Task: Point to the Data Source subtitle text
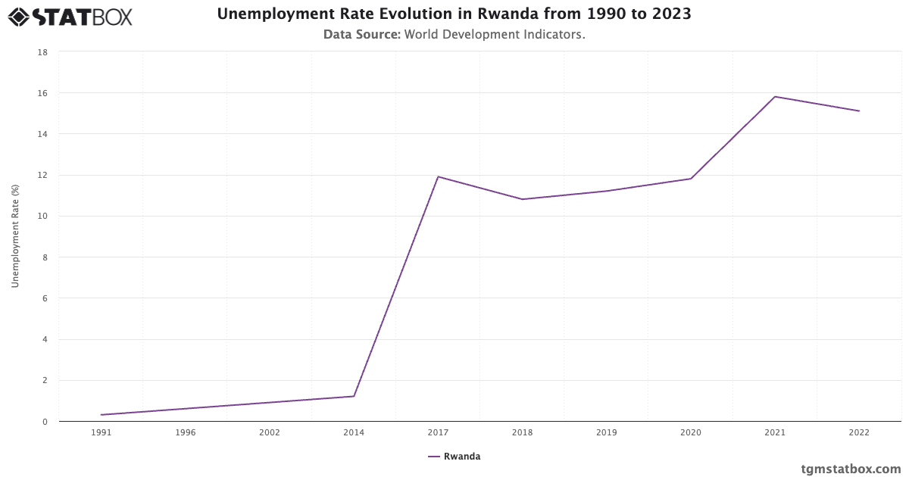[x=454, y=35]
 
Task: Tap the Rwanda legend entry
[x=454, y=457]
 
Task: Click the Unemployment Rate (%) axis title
[x=15, y=236]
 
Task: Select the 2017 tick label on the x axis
[x=438, y=433]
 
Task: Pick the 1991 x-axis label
[x=101, y=433]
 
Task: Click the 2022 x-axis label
[x=859, y=433]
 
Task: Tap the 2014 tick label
[x=354, y=433]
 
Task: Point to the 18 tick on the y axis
[x=43, y=52]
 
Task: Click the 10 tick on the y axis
[x=43, y=217]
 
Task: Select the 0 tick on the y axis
[x=45, y=422]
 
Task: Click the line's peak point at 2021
[x=775, y=97]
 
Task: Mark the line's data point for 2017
[x=438, y=176]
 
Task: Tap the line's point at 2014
[x=354, y=396]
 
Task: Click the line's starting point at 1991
[x=101, y=415]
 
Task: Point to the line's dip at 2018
[x=523, y=199]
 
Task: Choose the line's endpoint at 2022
[x=859, y=111]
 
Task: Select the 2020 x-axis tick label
[x=691, y=433]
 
